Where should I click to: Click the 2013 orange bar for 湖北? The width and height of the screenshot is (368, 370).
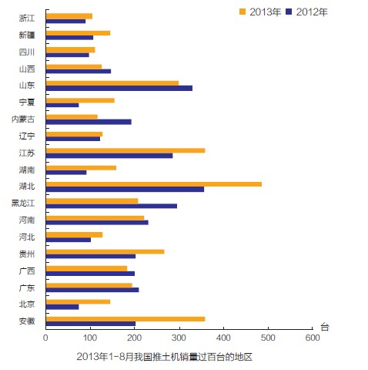tap(154, 184)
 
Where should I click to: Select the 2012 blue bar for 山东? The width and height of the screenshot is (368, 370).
tap(119, 88)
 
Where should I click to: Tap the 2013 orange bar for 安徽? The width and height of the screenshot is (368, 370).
tap(125, 318)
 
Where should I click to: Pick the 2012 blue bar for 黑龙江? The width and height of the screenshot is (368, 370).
tap(112, 206)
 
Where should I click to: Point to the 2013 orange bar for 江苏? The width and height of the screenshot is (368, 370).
tap(125, 150)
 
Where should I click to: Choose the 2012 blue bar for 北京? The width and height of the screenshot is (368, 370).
tap(62, 307)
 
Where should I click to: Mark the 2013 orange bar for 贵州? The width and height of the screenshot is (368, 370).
tap(105, 251)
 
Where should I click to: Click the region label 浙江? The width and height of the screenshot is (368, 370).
tap(27, 18)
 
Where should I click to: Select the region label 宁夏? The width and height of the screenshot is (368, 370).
tap(27, 102)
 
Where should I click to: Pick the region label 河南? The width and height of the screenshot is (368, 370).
tap(27, 220)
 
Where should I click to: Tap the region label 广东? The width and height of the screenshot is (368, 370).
tap(27, 287)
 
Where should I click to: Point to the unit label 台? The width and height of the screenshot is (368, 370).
tap(325, 327)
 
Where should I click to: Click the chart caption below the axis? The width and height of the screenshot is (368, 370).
tap(165, 357)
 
